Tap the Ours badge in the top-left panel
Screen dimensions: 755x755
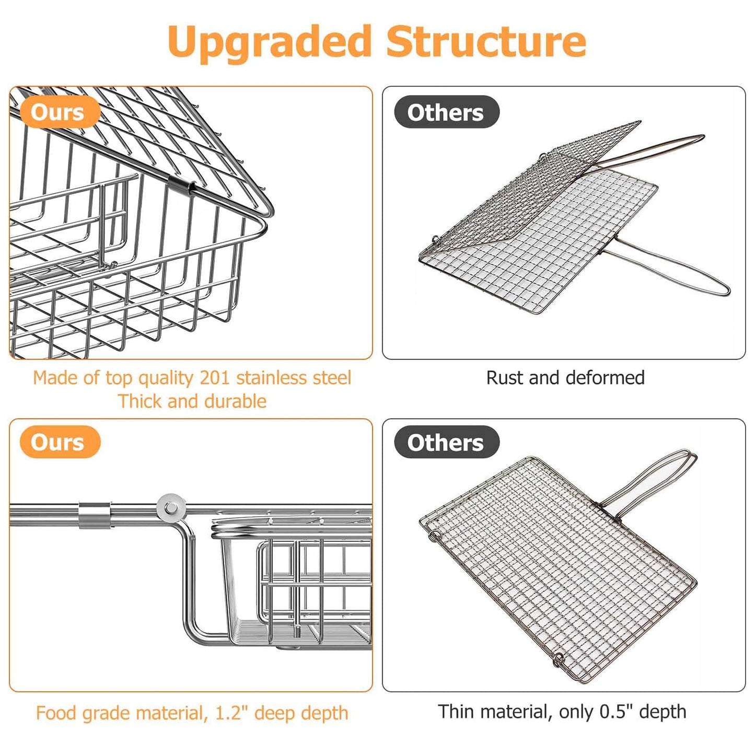pos(58,112)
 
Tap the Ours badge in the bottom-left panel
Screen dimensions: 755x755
pos(58,443)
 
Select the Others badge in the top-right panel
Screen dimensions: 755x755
pos(446,112)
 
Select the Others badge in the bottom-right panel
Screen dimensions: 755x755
pos(446,443)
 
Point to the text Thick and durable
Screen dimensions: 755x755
pos(192,401)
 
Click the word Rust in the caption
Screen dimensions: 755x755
pos(504,378)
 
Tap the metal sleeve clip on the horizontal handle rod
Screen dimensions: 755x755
pos(95,515)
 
